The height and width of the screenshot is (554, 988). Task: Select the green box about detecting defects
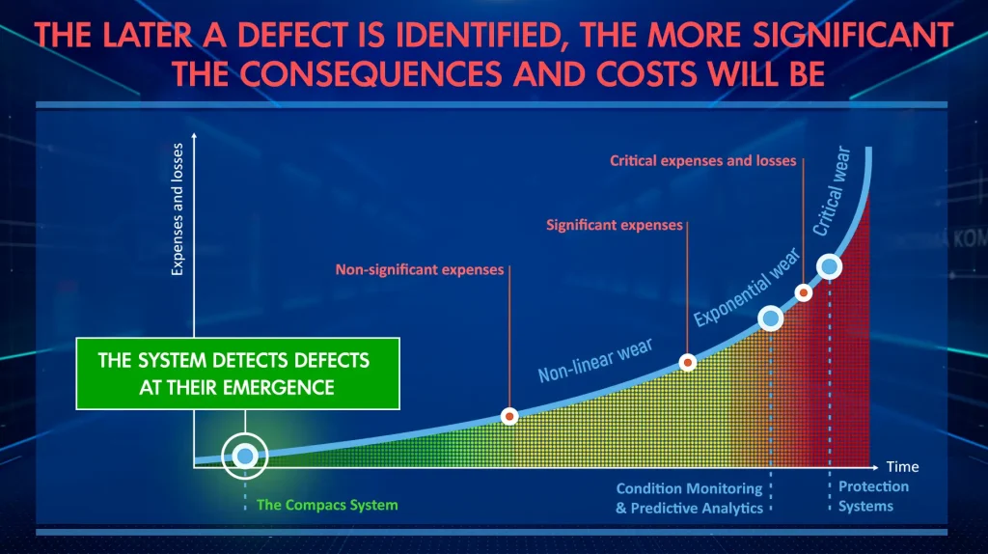(237, 374)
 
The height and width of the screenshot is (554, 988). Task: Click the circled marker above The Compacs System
(245, 455)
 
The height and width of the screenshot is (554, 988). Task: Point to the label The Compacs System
(326, 505)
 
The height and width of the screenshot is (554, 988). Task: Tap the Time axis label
(902, 466)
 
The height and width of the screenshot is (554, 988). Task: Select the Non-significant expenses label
(420, 270)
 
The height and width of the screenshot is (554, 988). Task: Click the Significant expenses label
(615, 225)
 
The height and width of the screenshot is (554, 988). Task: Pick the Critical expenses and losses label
(703, 161)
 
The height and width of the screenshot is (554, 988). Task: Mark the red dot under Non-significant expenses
(510, 416)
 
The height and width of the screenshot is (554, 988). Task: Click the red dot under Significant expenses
(688, 363)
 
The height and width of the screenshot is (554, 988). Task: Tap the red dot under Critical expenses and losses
(803, 291)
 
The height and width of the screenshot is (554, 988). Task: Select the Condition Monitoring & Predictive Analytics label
(689, 498)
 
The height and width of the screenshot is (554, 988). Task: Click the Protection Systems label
(865, 496)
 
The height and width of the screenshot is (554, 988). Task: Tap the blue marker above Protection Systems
(830, 266)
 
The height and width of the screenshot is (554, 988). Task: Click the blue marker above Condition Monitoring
(770, 318)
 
